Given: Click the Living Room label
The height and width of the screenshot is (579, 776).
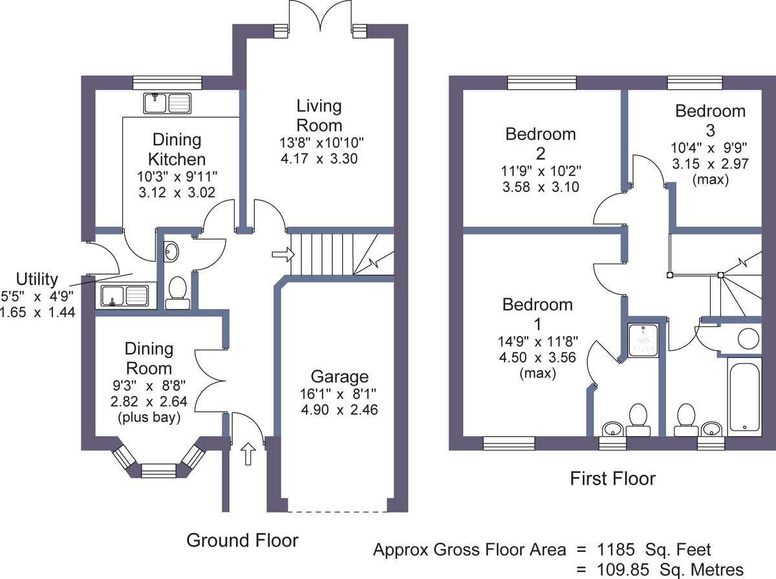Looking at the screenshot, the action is pos(319,116).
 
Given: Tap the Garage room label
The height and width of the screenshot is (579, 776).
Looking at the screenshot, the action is pos(339,377).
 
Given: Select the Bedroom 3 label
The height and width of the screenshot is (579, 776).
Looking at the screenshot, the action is pos(710,120).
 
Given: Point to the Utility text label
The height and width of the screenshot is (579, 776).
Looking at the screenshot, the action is pos(37,279).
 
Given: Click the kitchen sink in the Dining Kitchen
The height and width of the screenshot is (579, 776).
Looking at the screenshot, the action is pos(167,103).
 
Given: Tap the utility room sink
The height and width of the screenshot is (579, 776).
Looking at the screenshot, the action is pos(124,296).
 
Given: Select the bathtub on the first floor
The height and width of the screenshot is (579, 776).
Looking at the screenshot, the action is pos(744,395).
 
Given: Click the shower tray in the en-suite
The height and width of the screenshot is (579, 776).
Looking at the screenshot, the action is pos(643,340).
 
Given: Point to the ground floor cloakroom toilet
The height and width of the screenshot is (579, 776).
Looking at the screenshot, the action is pos(177,293).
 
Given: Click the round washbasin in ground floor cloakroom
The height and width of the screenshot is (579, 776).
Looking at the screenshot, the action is pos(171,252).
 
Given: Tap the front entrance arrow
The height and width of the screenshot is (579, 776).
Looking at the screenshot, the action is pos(248,454).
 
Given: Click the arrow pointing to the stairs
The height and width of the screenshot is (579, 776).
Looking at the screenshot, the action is pos(283,254).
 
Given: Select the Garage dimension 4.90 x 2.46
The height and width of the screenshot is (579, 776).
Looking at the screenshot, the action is pos(339,410).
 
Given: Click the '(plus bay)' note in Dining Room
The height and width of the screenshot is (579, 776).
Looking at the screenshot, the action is pos(149,417).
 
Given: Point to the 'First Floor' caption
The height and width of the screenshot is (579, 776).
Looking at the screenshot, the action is pos(612,479).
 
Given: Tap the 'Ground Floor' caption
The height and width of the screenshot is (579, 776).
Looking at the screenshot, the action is pos(242,540).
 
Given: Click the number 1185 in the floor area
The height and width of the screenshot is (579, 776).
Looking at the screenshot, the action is pos(616,550).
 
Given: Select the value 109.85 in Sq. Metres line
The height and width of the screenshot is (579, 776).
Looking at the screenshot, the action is pos(623,570).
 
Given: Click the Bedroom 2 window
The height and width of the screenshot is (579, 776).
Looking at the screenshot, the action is pos(542,83).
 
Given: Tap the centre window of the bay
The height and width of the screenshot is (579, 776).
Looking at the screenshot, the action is pos(158,471).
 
